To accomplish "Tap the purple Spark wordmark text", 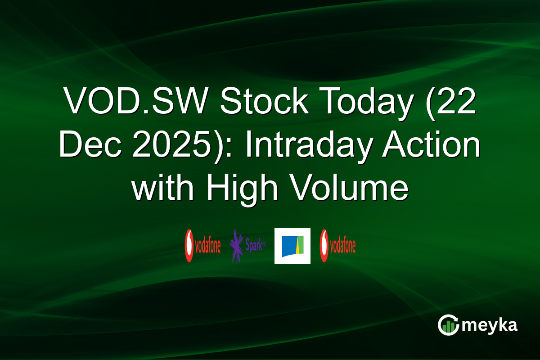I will [x=255, y=246].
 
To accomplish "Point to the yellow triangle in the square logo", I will [x=298, y=247].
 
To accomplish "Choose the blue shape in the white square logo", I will [x=288, y=247].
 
